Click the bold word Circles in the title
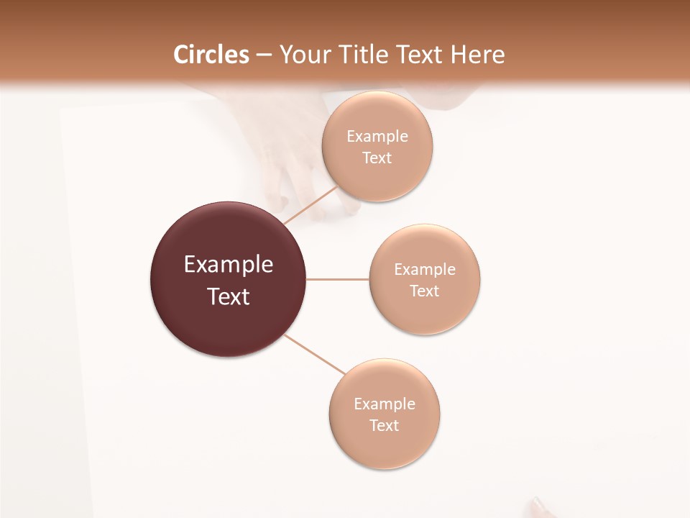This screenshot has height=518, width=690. click(x=211, y=55)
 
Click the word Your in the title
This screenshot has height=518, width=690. click(x=303, y=55)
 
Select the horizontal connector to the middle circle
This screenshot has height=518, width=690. click(x=338, y=279)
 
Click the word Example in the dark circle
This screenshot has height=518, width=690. click(x=229, y=265)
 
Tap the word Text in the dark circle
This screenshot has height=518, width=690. click(x=229, y=296)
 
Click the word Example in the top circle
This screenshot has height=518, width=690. click(x=377, y=137)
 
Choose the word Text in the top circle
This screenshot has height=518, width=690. click(x=377, y=158)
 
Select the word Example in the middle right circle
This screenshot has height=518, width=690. click(x=425, y=270)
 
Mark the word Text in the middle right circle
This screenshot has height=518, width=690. click(x=425, y=291)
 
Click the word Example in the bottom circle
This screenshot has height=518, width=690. click(x=385, y=404)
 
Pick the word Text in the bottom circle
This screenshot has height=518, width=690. click(x=385, y=426)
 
